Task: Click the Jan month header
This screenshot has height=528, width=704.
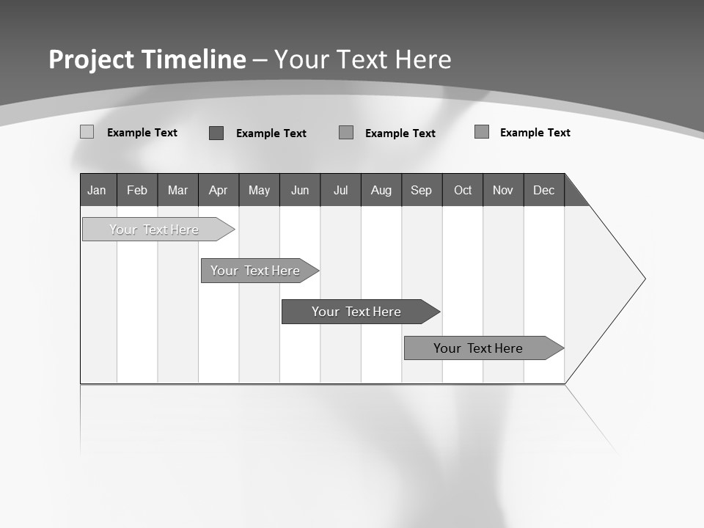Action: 98,190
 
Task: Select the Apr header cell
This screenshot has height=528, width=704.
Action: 219,190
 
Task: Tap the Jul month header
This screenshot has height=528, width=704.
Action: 340,190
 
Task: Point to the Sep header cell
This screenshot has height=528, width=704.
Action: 422,190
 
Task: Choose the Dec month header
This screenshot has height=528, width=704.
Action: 543,190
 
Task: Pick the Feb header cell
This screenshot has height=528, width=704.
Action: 137,190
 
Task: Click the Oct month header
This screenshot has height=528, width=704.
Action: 463,190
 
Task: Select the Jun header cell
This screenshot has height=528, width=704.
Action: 300,190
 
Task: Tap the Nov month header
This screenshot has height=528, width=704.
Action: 503,190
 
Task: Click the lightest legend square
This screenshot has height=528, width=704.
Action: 87,132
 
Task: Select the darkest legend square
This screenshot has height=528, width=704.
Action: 216,133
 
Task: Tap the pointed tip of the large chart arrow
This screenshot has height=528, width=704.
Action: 642,279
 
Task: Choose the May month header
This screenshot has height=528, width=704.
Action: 259,190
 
